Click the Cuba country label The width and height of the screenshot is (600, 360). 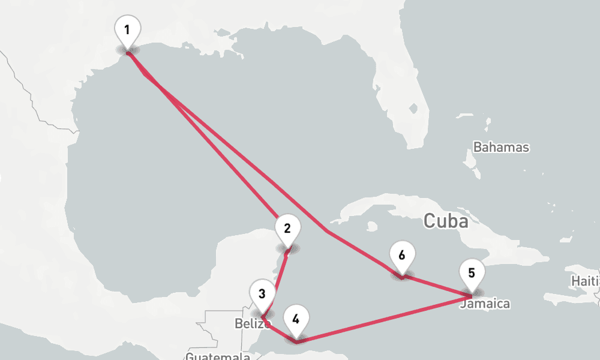point(446,221)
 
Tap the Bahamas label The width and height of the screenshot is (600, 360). point(502,147)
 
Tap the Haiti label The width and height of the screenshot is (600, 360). point(586,281)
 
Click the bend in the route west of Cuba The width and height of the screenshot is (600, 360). point(327,230)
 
